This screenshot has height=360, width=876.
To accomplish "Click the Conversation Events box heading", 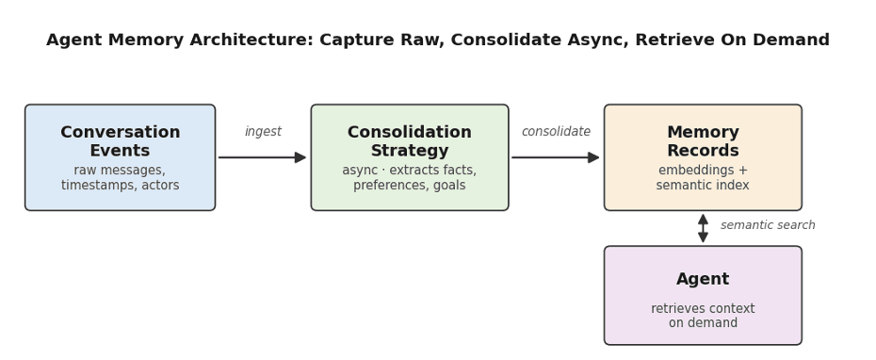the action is (x=121, y=141).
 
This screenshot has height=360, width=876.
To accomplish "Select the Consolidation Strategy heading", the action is (x=410, y=141).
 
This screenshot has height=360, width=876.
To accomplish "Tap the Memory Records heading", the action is (x=703, y=141).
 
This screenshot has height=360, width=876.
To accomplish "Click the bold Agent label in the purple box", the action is (x=703, y=279).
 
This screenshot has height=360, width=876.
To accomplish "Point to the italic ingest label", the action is (x=263, y=132).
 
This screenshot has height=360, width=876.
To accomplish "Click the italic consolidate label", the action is (x=556, y=131).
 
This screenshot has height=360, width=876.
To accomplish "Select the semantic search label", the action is (x=768, y=224).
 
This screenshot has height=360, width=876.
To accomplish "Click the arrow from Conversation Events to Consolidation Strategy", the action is (x=262, y=157).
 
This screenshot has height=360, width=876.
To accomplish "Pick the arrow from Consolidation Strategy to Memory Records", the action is (x=556, y=157).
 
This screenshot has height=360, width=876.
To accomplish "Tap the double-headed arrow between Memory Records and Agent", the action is (x=703, y=228).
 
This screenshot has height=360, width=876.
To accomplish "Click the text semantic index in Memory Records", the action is (x=703, y=185).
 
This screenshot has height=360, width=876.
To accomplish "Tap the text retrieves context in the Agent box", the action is (x=703, y=308).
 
